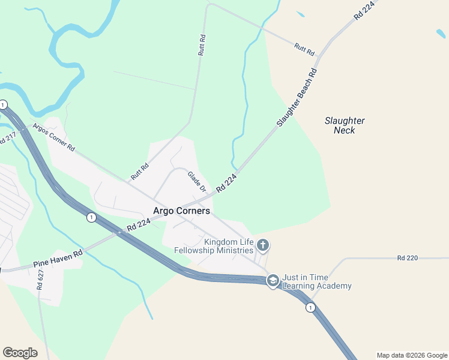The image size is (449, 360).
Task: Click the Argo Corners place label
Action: tap(181, 211)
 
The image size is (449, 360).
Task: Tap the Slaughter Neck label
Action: tap(345, 125)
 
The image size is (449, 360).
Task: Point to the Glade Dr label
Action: tap(197, 182)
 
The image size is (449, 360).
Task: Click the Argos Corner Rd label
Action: tap(53, 137)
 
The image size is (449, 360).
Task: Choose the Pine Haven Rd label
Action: tap(58, 259)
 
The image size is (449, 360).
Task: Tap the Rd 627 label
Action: tap(41, 280)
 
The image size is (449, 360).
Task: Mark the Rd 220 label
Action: tap(408, 258)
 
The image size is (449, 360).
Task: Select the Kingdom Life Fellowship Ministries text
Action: tap(213, 246)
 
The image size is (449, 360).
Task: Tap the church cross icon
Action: tap(262, 245)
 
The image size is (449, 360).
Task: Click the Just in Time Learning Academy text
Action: tap(317, 281)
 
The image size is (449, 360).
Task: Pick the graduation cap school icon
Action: tap(273, 281)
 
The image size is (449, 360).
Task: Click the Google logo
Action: tap(20, 353)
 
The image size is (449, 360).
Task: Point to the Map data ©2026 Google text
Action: tap(412, 355)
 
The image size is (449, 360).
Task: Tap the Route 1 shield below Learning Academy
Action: tap(310, 307)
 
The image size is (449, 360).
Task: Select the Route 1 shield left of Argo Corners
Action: tap(91, 217)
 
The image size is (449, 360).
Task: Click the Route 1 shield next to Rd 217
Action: tap(3, 104)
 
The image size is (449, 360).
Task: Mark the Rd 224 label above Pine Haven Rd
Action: tap(138, 225)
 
